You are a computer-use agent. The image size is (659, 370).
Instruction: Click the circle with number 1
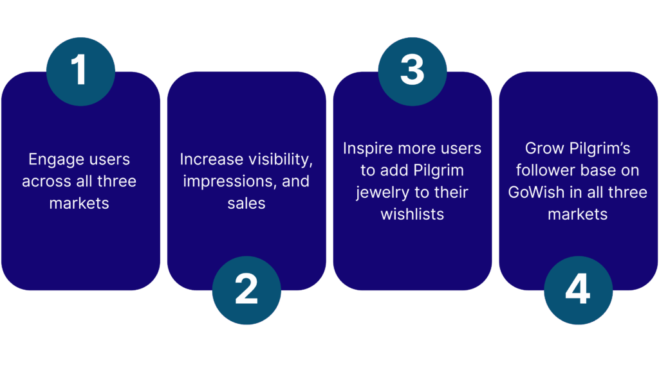[x=80, y=70]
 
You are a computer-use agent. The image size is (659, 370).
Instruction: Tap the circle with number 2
[x=246, y=290]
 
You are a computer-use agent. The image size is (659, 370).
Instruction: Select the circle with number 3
[x=412, y=70]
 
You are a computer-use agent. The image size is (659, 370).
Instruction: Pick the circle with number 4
[x=578, y=290]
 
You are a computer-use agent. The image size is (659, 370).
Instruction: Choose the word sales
[x=246, y=203]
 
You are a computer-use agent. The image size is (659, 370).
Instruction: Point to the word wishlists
[x=412, y=214]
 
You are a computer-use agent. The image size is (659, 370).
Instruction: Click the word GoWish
[x=537, y=192]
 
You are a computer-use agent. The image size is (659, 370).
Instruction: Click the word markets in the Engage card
[x=79, y=204]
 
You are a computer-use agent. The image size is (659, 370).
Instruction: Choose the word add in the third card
[x=393, y=170]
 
